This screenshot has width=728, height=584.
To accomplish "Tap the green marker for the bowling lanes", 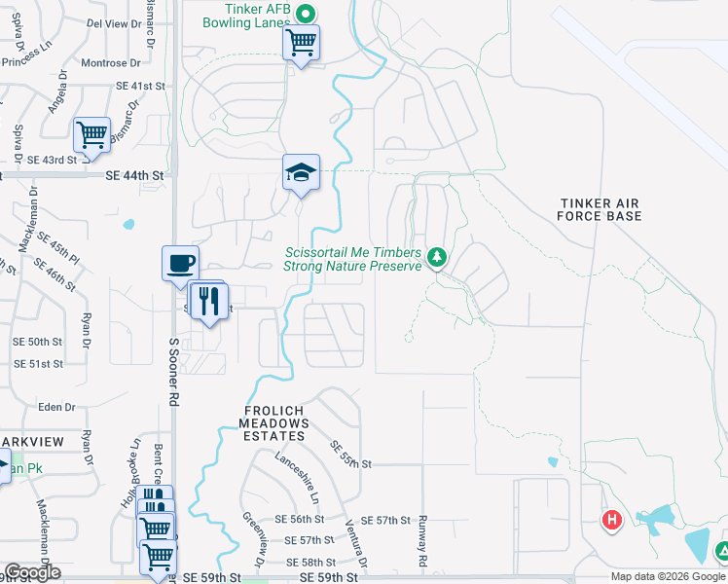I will point(305,14).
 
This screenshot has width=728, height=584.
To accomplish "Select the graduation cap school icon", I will point(302,173).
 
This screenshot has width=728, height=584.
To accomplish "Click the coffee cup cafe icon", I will point(180,263).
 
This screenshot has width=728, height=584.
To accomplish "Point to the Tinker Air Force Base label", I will point(601,209).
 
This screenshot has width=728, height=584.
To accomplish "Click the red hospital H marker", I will point(612,521).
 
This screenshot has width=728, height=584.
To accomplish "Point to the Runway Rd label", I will point(423,541).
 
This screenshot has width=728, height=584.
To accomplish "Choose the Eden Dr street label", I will point(56,407).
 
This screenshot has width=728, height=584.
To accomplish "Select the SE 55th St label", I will point(351,455).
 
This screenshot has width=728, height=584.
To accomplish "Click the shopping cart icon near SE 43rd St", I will point(91,134).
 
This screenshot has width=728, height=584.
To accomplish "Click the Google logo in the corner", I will point(32,572).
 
